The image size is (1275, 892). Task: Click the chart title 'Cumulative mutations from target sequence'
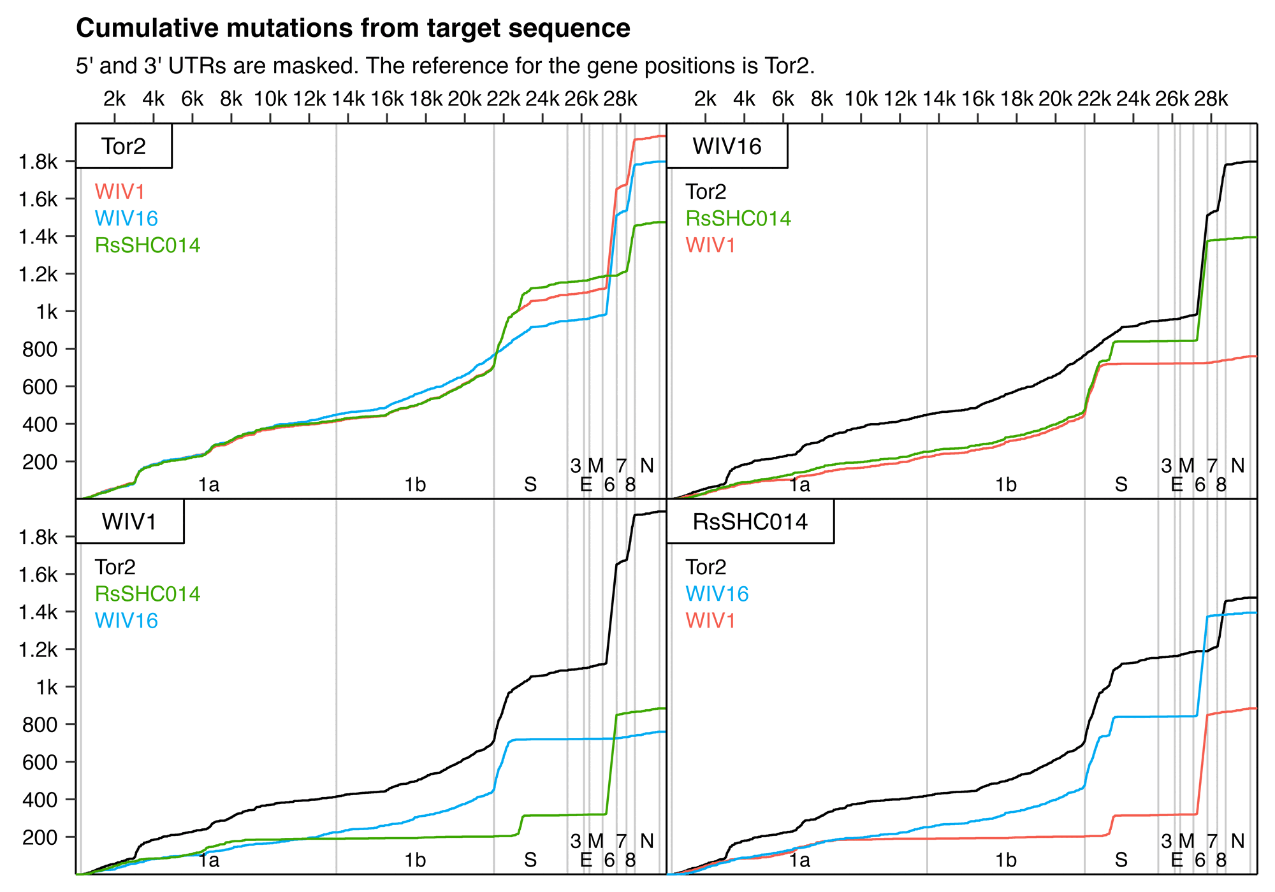click(353, 29)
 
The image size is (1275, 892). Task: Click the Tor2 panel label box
click(124, 147)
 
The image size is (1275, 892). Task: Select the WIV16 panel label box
click(727, 147)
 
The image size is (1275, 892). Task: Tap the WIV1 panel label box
click(129, 522)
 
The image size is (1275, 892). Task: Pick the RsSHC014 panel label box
click(750, 522)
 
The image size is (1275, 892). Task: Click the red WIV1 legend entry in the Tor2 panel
click(120, 192)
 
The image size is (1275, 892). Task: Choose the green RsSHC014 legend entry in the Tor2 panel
click(147, 245)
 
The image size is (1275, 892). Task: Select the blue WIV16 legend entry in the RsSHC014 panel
click(717, 594)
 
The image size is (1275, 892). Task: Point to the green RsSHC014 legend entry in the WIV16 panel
click(738, 219)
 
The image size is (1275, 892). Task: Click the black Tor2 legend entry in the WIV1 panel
click(115, 567)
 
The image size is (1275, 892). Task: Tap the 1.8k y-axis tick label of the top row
click(38, 162)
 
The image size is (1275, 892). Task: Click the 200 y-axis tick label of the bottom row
click(40, 837)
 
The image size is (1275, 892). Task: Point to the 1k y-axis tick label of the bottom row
click(46, 687)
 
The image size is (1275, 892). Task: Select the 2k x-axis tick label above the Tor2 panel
click(115, 99)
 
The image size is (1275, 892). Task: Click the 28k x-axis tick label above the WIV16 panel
click(1211, 99)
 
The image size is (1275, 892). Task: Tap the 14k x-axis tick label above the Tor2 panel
click(348, 99)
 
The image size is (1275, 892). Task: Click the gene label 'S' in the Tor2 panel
click(530, 485)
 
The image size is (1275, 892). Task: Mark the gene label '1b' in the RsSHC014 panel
click(1005, 860)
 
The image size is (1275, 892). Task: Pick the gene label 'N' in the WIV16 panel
click(1237, 466)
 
